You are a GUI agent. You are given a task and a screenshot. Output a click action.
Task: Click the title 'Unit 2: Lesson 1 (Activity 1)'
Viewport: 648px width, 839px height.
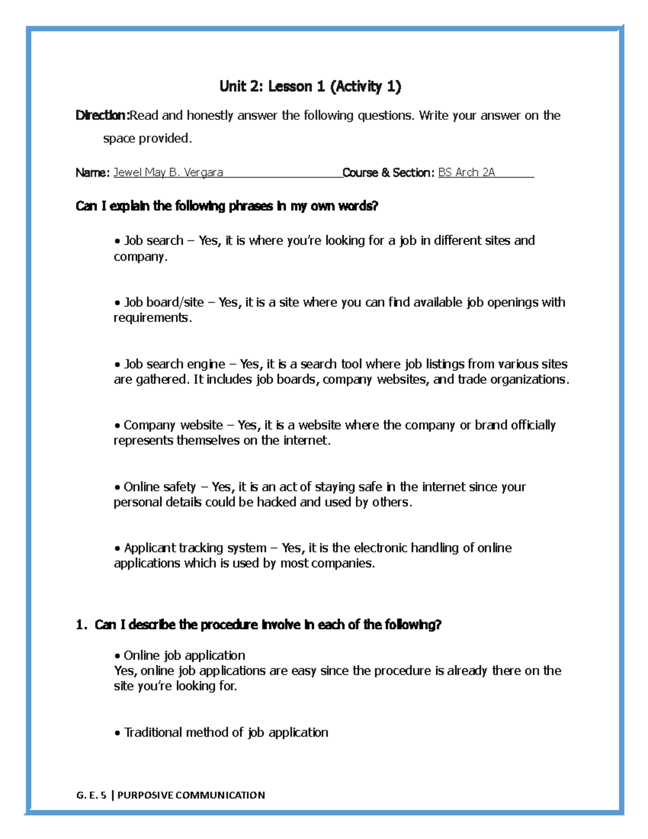click(310, 86)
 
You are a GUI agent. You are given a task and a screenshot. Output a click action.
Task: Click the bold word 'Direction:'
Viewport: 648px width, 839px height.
click(102, 115)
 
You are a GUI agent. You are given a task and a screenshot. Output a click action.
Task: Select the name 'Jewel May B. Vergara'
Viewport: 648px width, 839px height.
click(168, 172)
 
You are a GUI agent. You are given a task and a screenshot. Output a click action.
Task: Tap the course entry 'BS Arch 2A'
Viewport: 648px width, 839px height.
click(466, 172)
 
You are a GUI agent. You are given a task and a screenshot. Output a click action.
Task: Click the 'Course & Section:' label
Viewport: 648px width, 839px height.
click(388, 172)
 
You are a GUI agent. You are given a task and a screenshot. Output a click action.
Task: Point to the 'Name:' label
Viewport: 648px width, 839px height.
click(92, 172)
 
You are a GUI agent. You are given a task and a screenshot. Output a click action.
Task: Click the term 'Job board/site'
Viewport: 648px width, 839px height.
click(164, 302)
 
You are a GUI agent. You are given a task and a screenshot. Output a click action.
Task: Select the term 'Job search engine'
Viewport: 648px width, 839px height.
click(174, 364)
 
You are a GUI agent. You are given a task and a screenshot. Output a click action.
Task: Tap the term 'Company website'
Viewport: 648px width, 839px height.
click(173, 425)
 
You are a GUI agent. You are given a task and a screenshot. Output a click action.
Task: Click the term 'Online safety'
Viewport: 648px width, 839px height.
click(159, 487)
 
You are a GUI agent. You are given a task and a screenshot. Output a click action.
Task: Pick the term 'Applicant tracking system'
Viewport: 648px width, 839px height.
click(195, 548)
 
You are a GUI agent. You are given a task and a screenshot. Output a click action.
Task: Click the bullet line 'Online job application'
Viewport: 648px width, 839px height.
click(184, 655)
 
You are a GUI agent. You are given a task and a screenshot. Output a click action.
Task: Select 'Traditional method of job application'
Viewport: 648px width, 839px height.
click(226, 733)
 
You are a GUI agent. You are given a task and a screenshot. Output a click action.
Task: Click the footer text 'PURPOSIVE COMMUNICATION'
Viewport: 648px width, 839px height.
click(191, 795)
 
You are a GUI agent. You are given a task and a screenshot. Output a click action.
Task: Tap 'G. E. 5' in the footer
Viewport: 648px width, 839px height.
click(91, 795)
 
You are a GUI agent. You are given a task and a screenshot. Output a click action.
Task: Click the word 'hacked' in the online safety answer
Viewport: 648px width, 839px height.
click(276, 502)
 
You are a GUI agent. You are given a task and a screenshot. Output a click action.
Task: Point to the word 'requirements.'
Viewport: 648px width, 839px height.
click(152, 318)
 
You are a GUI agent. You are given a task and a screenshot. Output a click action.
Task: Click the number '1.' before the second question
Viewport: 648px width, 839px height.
click(82, 625)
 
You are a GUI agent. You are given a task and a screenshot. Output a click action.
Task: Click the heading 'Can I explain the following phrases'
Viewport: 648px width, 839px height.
click(227, 206)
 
